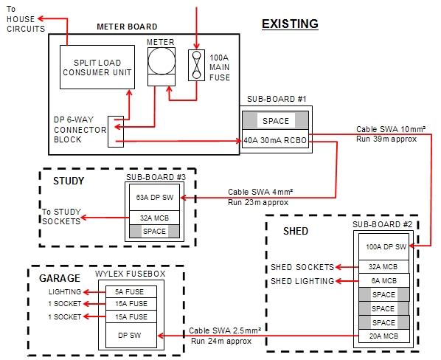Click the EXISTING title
click(290, 24)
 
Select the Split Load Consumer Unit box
click(97, 68)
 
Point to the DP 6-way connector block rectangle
click(116, 130)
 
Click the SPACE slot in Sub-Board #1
click(276, 120)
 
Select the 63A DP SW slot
click(153, 196)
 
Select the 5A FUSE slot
click(132, 291)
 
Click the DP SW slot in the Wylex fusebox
click(132, 334)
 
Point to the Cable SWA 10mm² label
click(390, 128)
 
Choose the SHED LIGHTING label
click(302, 280)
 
